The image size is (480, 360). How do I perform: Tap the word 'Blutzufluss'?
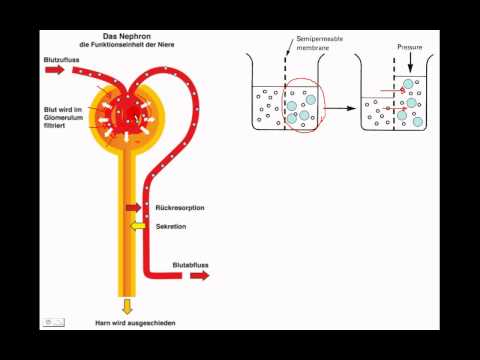(x=60, y=59)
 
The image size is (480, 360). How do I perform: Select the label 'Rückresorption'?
(x=181, y=209)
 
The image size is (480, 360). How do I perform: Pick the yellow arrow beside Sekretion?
(x=137, y=226)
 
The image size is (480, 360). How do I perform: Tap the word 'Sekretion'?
(x=174, y=227)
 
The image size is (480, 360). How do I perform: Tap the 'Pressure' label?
(x=409, y=47)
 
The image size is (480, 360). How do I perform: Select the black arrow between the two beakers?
(x=340, y=108)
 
